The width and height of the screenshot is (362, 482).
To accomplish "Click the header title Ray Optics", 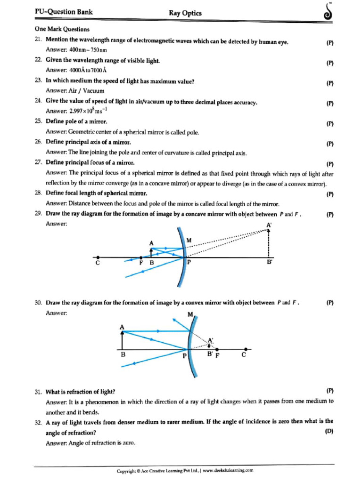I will click(x=185, y=13).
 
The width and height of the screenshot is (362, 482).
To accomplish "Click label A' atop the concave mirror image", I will click(x=269, y=225).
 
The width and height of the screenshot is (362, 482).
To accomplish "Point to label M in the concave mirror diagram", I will click(x=189, y=240).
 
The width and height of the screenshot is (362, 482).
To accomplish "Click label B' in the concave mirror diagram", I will click(x=270, y=264).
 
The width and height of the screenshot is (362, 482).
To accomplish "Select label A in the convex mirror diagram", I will click(x=122, y=326).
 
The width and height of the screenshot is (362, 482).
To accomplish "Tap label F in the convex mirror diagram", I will click(x=217, y=356).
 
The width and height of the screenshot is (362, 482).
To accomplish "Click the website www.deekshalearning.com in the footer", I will click(x=229, y=470).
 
